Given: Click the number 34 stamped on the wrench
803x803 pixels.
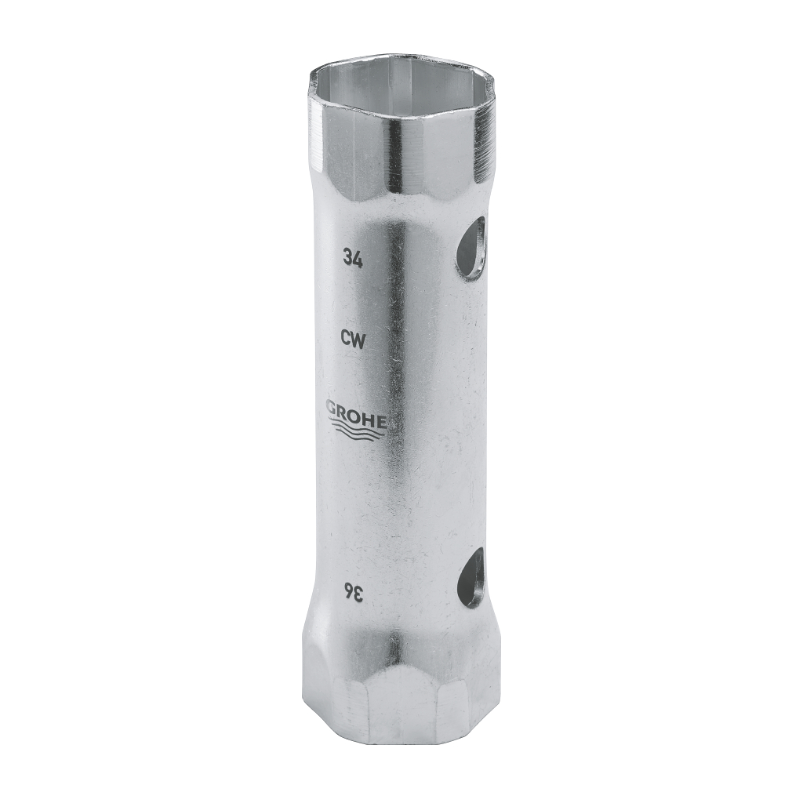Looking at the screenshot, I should (x=351, y=256).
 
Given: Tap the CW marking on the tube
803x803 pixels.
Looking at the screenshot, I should (x=351, y=339).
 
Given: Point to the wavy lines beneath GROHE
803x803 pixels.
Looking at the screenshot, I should (x=357, y=427).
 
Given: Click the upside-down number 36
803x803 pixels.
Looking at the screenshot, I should (x=351, y=594).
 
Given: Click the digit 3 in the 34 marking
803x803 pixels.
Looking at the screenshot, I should (x=346, y=256).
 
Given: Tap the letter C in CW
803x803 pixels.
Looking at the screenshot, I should (x=345, y=339).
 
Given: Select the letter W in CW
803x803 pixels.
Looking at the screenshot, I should (x=356, y=339).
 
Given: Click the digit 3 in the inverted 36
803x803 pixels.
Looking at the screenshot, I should (x=357, y=594).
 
